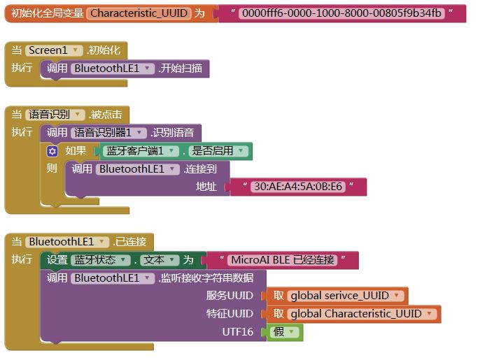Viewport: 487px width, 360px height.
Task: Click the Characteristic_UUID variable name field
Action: [x=139, y=13]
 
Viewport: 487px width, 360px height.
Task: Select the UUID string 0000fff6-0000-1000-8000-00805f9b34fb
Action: [x=341, y=13]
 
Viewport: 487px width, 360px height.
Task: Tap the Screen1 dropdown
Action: [x=55, y=50]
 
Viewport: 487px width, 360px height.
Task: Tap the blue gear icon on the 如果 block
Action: [x=52, y=151]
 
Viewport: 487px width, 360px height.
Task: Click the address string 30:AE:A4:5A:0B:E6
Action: [x=298, y=187]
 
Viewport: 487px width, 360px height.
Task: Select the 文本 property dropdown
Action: [x=160, y=260]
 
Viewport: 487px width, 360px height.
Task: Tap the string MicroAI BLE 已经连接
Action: [x=283, y=260]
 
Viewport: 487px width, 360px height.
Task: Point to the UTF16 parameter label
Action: [x=238, y=332]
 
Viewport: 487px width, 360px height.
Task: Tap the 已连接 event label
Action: [x=132, y=242]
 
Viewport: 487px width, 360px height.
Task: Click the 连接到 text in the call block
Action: [x=201, y=168]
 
